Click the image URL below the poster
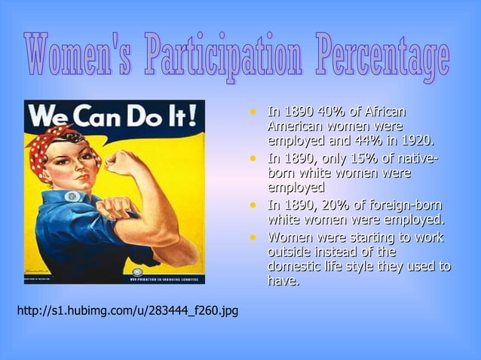(x=127, y=310)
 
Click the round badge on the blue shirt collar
(x=72, y=197)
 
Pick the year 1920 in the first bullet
(x=417, y=141)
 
